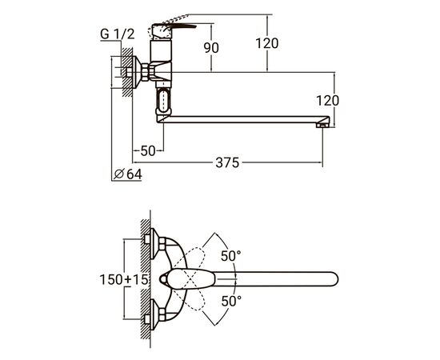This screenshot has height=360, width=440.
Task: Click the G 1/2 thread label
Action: coord(118,34)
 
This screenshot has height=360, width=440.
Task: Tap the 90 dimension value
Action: coord(211,48)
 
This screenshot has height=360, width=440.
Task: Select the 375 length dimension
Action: coord(227,162)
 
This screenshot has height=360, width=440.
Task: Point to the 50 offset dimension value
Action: coord(148,151)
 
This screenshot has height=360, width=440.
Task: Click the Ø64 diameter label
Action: coord(128,174)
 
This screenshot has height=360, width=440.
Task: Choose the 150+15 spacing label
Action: coord(124,279)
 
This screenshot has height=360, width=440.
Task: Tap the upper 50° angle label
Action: coord(230,256)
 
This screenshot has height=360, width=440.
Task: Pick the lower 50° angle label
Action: coord(231,301)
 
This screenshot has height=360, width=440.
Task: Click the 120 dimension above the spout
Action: coord(267,43)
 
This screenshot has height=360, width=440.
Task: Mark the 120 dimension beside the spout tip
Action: coord(328,101)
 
